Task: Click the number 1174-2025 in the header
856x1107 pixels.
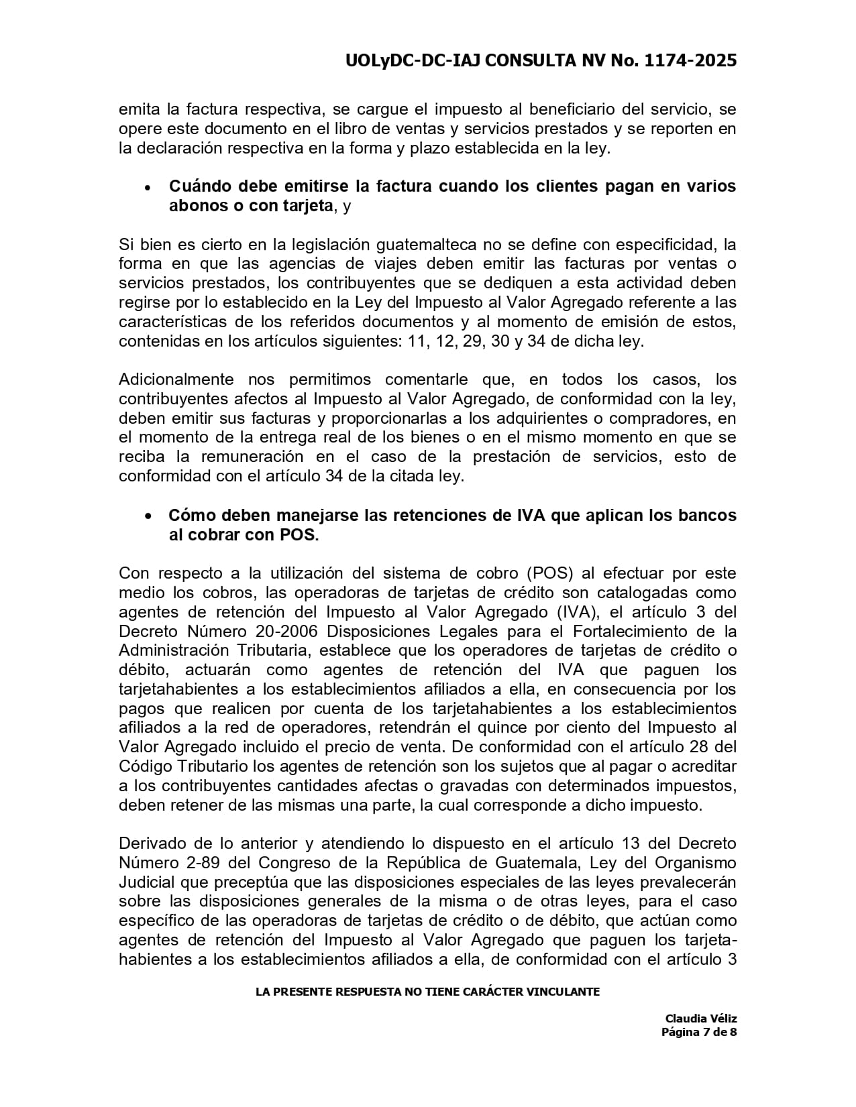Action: point(690,61)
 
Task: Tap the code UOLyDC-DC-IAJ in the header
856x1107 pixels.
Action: point(413,61)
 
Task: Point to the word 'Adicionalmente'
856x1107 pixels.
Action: point(176,380)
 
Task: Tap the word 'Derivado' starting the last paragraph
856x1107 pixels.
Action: point(150,843)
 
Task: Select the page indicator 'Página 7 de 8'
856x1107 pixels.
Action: point(699,1032)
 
